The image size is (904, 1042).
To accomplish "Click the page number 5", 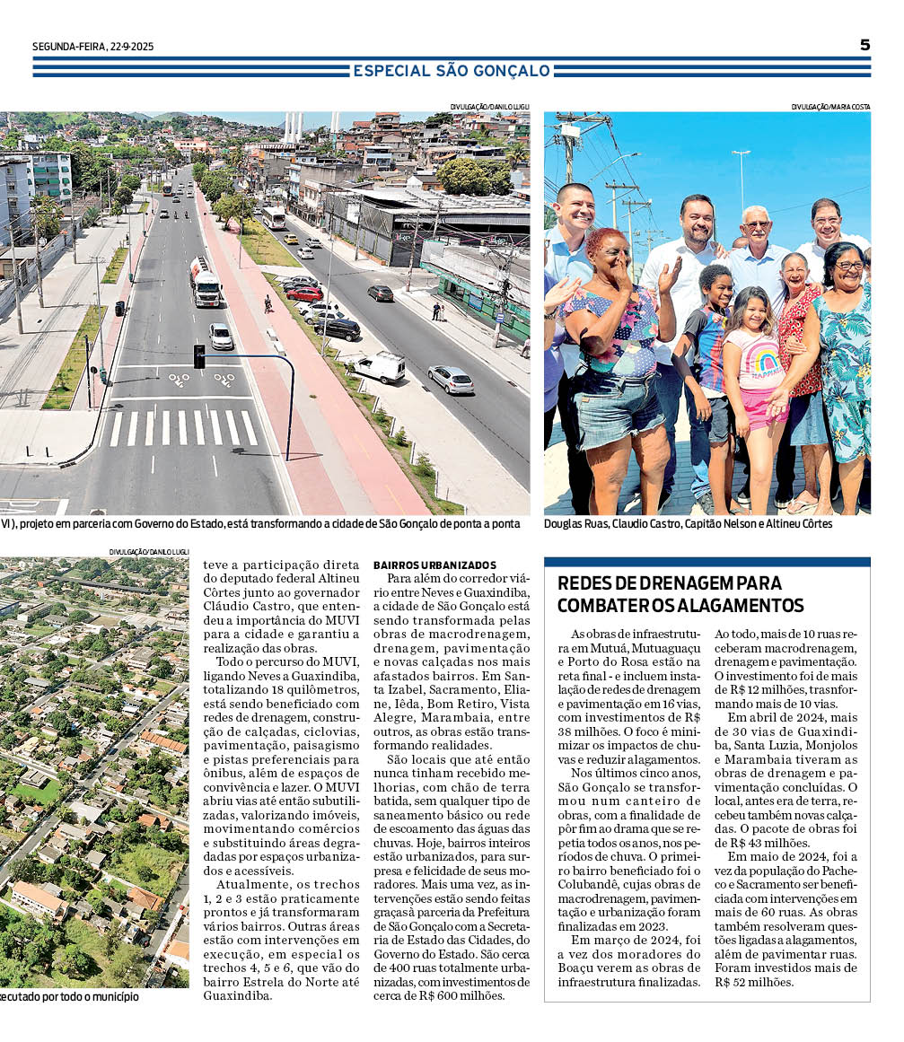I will click(865, 45).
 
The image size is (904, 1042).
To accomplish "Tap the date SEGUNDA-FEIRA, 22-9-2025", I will click(93, 47).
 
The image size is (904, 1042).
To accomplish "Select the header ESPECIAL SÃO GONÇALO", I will click(452, 70).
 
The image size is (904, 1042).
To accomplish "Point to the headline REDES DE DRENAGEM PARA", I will click(670, 582).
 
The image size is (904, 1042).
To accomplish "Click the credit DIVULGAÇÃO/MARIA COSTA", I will click(830, 107).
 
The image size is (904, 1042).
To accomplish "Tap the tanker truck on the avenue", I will click(205, 281).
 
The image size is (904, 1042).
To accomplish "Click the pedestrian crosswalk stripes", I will click(183, 427).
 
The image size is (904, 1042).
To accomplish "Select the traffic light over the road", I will click(199, 355).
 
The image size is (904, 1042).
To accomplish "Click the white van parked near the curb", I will click(378, 367).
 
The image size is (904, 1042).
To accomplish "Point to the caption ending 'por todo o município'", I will click(70, 995).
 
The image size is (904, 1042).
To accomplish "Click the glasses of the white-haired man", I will click(756, 224).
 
